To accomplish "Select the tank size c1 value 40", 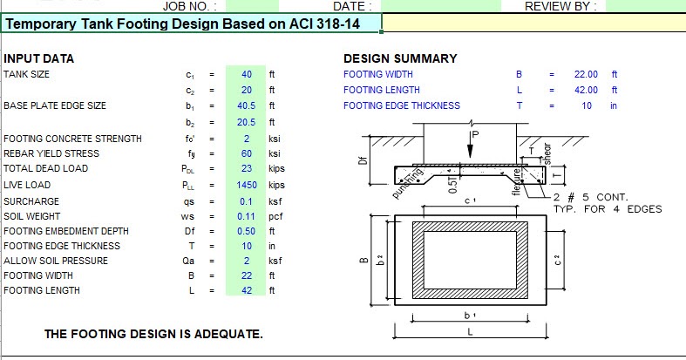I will click(x=247, y=75).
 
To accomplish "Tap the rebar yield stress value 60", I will click(x=247, y=153).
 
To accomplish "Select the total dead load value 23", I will click(x=247, y=169).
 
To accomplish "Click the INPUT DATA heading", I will click(x=39, y=58).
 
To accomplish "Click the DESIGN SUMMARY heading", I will click(x=400, y=58).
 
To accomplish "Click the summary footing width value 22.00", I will click(x=586, y=75).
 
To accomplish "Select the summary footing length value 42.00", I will click(x=586, y=90).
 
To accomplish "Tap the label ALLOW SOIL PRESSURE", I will click(x=54, y=260).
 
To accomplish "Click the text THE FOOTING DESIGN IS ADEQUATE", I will click(x=153, y=334).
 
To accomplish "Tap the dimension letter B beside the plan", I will click(x=361, y=259).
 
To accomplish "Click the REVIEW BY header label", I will click(x=560, y=6).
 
